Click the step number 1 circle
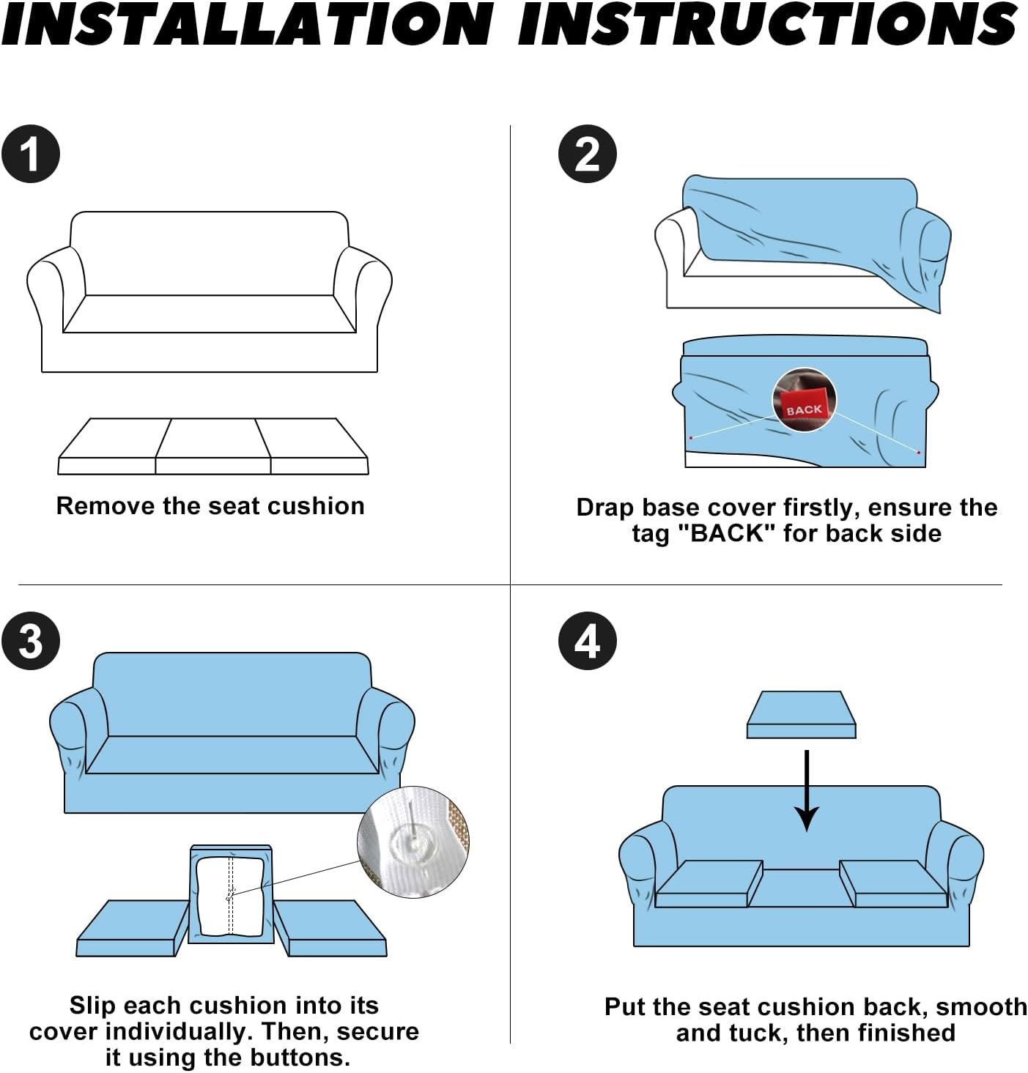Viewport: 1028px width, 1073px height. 30,154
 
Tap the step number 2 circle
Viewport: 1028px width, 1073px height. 588,154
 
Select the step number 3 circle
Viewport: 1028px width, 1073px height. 30,641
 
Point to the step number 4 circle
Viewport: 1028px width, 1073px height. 588,641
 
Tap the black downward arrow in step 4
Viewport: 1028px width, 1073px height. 806,790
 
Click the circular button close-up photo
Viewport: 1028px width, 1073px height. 414,842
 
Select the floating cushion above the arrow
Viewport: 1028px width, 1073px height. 802,714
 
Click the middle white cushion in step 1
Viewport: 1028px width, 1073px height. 213,445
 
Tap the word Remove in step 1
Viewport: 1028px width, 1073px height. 106,505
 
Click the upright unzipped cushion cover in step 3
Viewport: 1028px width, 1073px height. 231,894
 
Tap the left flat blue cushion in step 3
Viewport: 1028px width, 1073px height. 133,928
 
